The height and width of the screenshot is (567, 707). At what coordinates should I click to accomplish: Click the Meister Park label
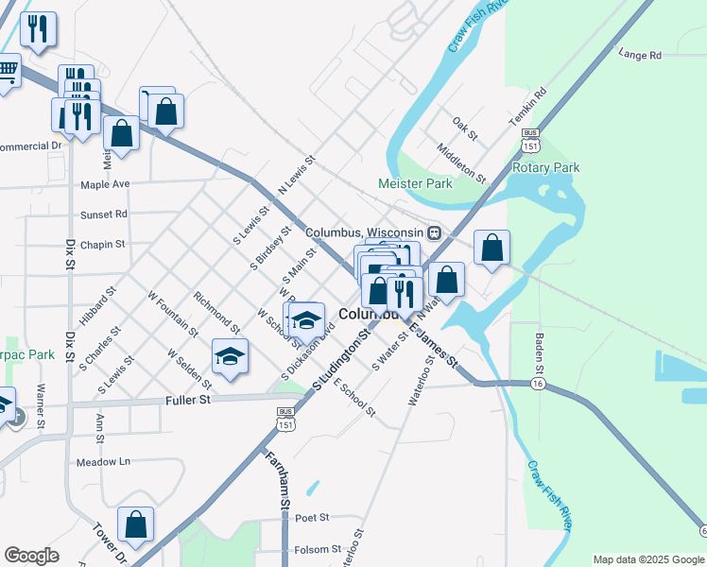(415, 184)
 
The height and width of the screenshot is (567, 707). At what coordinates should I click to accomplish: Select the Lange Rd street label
(640, 56)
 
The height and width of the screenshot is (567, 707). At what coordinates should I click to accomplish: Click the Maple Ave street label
(105, 184)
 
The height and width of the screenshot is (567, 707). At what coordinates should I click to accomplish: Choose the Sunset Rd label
(103, 215)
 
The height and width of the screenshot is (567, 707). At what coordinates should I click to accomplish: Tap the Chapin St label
(102, 245)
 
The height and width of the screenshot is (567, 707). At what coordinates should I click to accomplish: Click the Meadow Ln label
(103, 462)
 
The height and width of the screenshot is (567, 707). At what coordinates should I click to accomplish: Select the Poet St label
(311, 518)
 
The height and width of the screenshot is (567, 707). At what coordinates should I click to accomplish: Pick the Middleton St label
(460, 163)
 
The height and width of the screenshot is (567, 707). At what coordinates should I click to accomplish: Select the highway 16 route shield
(536, 386)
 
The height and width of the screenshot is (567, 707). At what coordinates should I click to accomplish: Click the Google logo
(31, 555)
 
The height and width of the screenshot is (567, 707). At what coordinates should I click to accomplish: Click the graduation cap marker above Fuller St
(230, 356)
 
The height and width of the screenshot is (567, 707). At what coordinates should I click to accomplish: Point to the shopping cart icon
(6, 70)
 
